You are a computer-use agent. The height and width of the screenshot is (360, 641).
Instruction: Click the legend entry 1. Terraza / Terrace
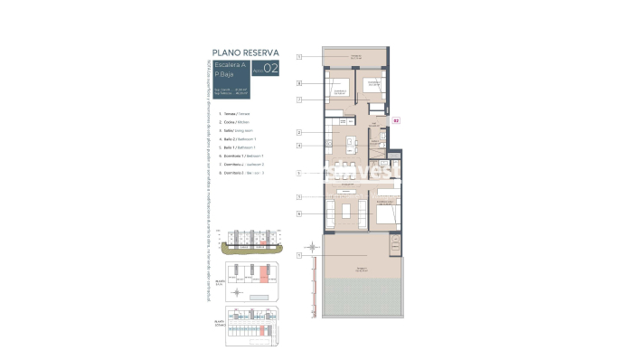[x=230, y=114]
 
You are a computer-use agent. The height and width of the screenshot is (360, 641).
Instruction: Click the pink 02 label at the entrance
[x=395, y=118]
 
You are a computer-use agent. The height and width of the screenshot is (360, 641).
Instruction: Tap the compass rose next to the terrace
[x=312, y=247]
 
